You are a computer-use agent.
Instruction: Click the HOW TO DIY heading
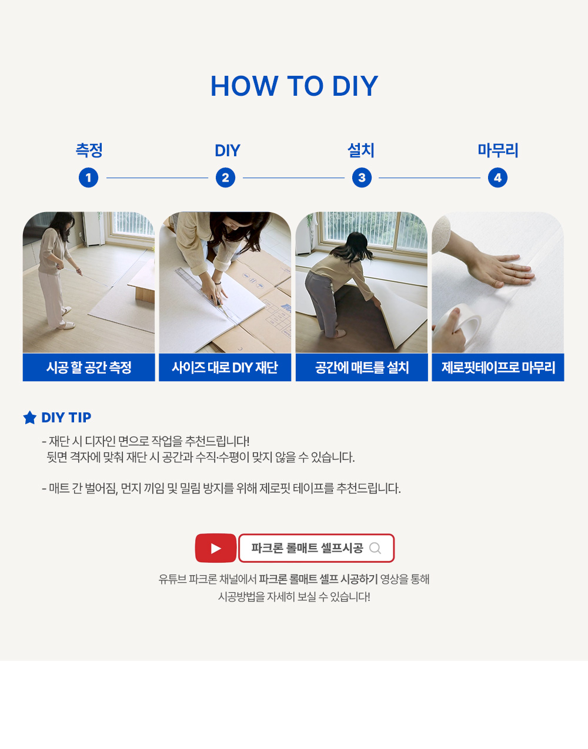point(294,86)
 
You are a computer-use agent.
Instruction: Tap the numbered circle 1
point(89,178)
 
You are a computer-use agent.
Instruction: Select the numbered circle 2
point(226,178)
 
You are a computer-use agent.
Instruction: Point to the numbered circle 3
point(362,178)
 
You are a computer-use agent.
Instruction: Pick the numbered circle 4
point(497,178)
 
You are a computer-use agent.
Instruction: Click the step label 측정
point(89,150)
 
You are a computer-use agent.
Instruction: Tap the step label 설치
point(360,150)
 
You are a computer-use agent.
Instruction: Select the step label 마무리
point(497,150)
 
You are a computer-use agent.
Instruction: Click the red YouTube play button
point(216,548)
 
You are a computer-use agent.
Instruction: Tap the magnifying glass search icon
point(375,548)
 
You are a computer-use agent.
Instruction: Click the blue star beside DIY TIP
point(30,418)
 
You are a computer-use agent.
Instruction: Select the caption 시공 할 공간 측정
point(89,367)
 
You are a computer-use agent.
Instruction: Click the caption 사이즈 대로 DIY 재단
point(225,367)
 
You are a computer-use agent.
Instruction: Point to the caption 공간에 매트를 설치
point(362,367)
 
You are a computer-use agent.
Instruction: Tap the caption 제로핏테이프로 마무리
point(498,367)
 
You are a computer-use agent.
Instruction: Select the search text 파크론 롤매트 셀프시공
point(307,548)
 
